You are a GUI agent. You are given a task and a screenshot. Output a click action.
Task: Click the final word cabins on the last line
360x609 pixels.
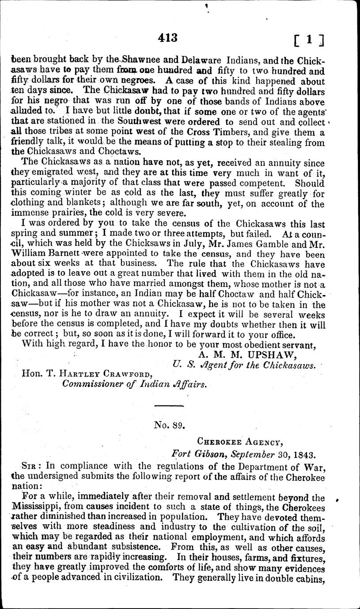point(311,589)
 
